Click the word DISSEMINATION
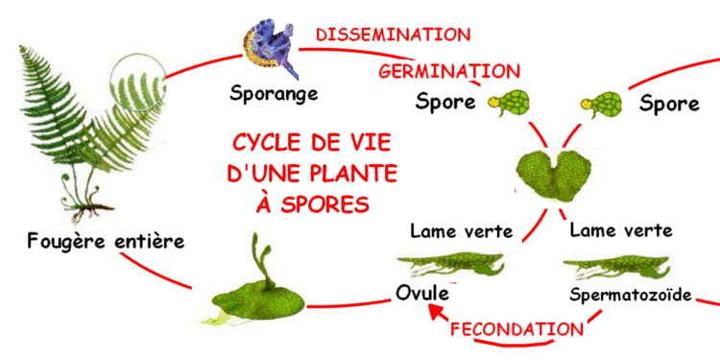pos(394,35)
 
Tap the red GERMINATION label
pos(449,71)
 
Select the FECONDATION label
pos(516,329)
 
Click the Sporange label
pos(274,94)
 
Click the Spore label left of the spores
pos(445,101)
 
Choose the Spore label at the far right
pos(669,103)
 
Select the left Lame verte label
pos(461,230)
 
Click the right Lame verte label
pos(620,230)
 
